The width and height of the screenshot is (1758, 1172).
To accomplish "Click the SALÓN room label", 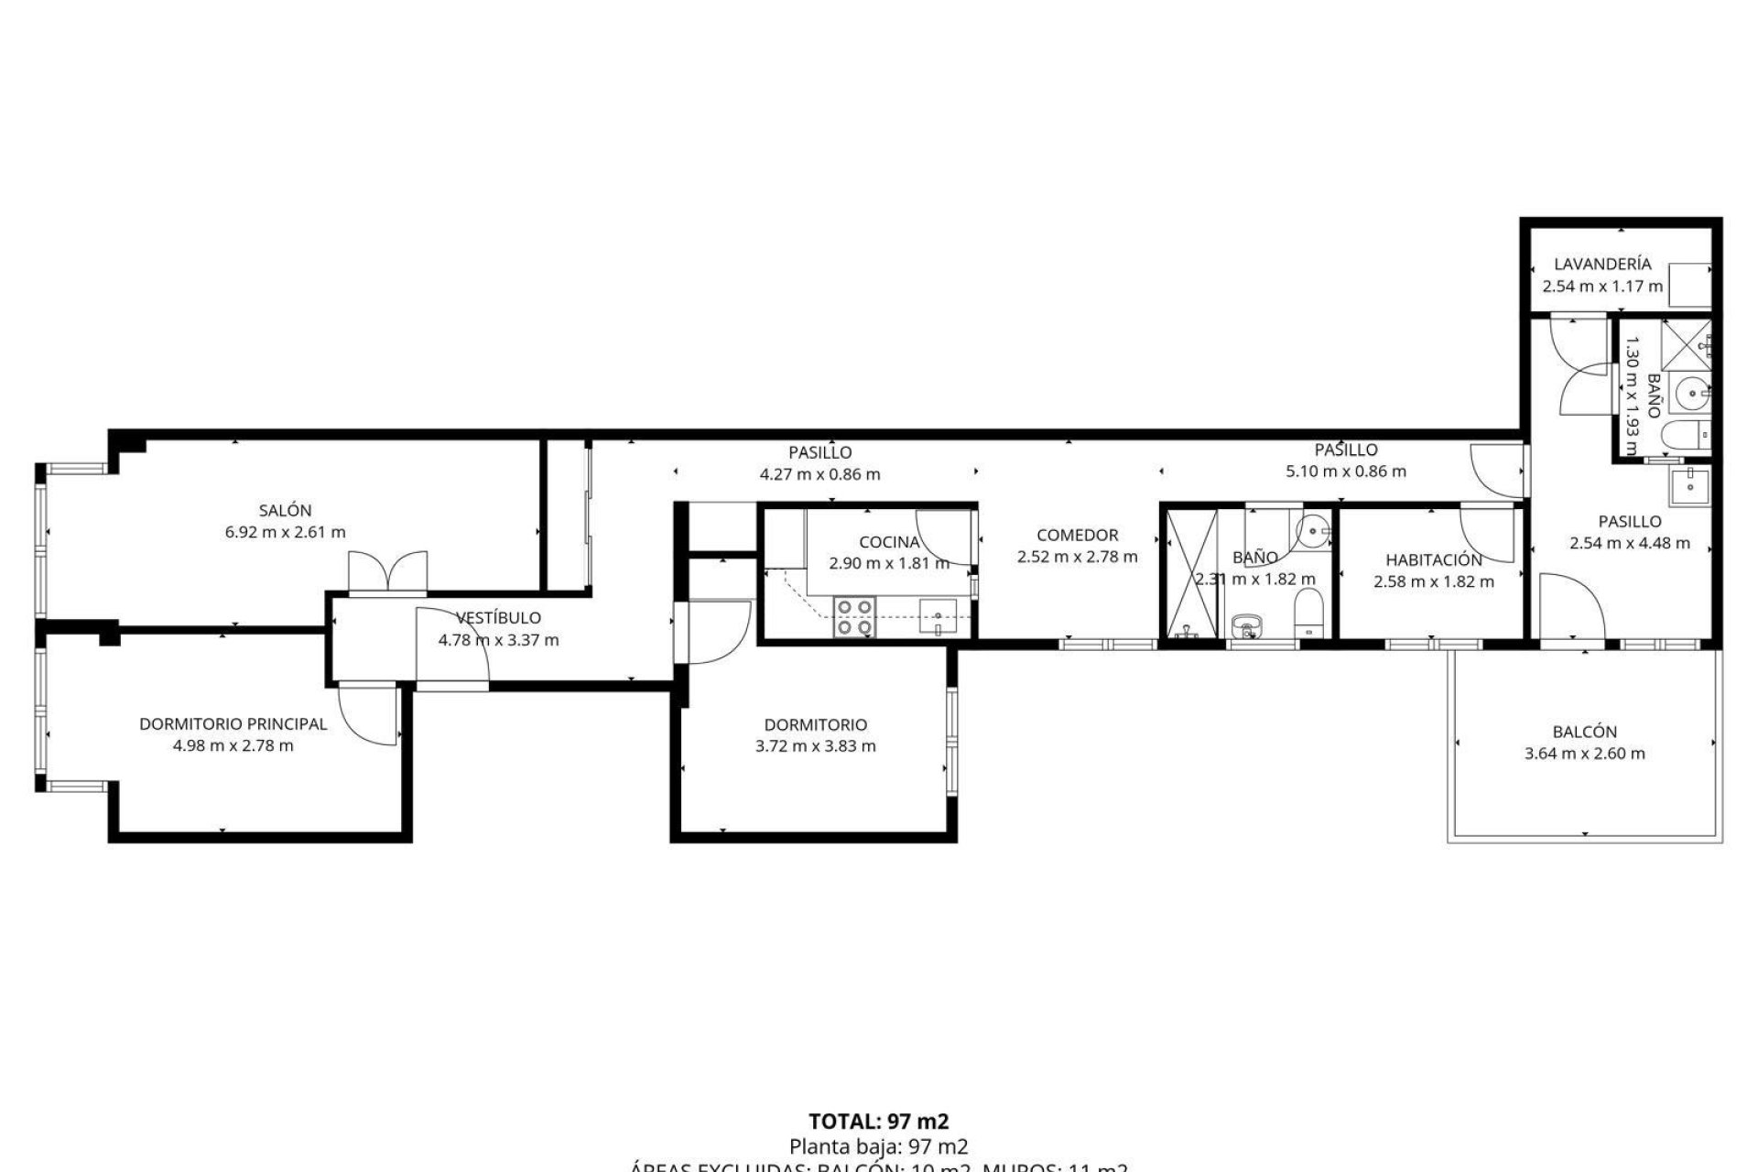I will (x=285, y=510).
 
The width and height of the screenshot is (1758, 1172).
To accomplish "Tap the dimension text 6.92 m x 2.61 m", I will (x=285, y=532).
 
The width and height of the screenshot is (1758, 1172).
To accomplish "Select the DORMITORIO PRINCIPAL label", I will (x=233, y=723).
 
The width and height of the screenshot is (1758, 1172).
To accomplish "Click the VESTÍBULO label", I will (x=498, y=618).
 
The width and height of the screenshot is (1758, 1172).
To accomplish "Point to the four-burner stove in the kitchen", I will (x=853, y=616).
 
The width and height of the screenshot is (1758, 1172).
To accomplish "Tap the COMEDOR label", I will (x=1077, y=535).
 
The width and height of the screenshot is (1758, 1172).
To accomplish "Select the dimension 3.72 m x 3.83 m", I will (x=815, y=746).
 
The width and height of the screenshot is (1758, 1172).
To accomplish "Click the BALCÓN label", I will (x=1584, y=732).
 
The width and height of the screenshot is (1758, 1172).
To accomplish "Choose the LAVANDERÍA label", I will (x=1602, y=264).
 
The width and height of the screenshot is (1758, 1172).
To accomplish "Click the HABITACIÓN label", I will (x=1433, y=559).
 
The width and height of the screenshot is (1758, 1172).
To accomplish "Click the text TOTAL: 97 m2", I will (x=878, y=1122).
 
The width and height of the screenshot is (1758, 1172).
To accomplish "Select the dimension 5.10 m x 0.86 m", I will (x=1346, y=472).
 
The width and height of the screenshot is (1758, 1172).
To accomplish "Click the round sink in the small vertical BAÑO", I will (x=1689, y=396).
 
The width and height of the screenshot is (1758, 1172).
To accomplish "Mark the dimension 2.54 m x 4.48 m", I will (x=1630, y=543).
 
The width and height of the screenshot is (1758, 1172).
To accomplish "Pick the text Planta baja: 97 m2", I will (x=878, y=1145).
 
